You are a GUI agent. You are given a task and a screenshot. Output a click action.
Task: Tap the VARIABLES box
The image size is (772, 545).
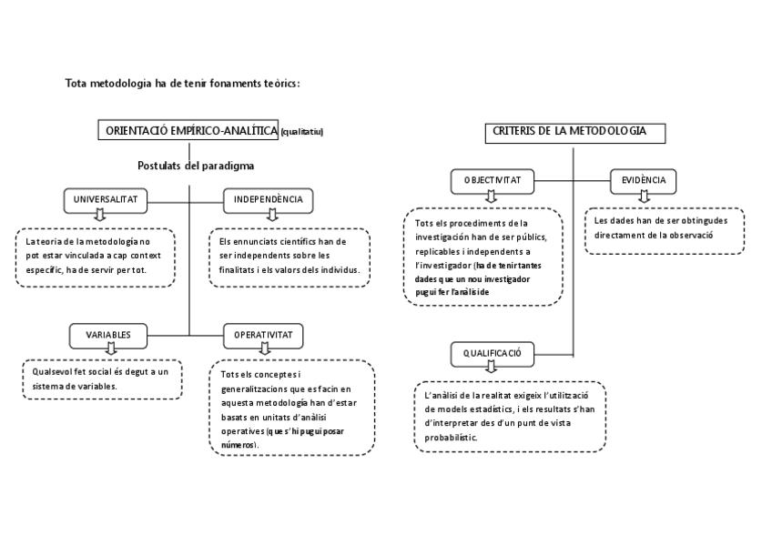tap(108, 335)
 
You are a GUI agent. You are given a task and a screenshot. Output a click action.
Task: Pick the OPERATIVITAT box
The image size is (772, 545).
tap(263, 335)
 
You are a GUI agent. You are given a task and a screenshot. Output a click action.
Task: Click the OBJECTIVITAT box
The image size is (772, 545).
tap(492, 181)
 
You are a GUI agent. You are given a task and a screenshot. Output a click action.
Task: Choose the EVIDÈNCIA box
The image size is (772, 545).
tap(644, 181)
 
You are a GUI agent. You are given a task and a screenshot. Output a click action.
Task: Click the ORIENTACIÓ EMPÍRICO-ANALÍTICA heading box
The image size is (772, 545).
tap(188, 131)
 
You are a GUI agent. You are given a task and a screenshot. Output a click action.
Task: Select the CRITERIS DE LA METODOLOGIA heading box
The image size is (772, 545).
tap(574, 132)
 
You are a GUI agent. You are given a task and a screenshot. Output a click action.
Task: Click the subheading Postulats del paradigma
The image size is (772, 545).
tap(196, 166)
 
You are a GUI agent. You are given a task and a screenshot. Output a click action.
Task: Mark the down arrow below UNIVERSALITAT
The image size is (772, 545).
tap(100, 215)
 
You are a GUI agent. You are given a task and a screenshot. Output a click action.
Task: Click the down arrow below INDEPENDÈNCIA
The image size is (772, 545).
tap(270, 215)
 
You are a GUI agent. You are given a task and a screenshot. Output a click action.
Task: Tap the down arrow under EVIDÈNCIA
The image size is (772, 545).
tap(644, 197)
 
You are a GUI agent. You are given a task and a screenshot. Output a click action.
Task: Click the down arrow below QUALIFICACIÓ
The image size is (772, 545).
tap(492, 367)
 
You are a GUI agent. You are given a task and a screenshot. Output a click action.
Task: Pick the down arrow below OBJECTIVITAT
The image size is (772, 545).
tap(492, 197)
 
